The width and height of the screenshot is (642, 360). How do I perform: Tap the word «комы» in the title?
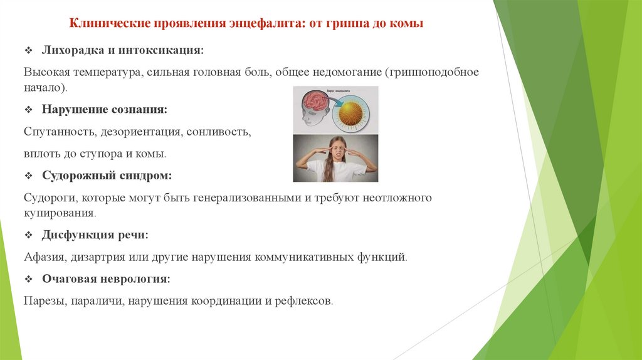click(x=409, y=24)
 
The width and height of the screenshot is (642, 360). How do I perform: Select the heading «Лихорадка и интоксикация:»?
click(x=122, y=50)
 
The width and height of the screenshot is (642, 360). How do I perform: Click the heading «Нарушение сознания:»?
click(x=104, y=109)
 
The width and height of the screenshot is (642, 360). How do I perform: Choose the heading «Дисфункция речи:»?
click(x=95, y=235)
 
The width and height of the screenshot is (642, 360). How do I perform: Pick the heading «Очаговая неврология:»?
click(x=106, y=278)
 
